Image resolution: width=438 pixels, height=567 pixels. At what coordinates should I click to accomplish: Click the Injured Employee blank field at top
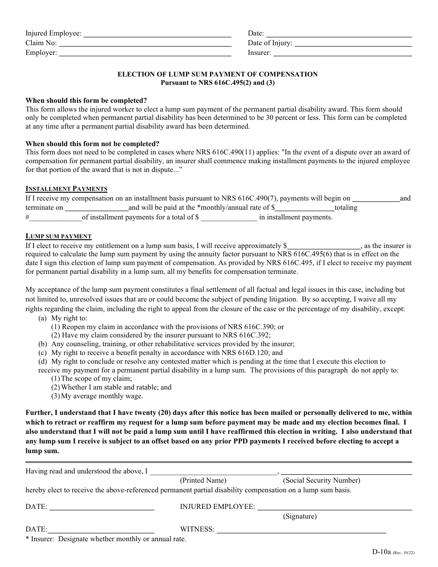[x=157, y=34]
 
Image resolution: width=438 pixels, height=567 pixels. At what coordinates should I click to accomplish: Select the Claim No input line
[x=145, y=43]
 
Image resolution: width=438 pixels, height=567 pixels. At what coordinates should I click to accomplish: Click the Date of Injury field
[x=353, y=43]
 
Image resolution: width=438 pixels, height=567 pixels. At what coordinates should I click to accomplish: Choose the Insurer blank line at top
[x=342, y=53]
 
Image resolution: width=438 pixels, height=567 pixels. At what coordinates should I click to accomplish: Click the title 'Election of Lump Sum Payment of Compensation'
[x=218, y=74]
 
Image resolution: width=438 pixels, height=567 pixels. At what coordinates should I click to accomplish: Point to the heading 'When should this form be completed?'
[x=86, y=100]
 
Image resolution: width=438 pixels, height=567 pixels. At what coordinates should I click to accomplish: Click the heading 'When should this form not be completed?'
[x=92, y=144]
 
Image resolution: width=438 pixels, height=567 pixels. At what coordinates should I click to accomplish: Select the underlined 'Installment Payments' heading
[x=66, y=189]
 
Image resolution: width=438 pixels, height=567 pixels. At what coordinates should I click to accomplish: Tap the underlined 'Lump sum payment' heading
[x=59, y=236]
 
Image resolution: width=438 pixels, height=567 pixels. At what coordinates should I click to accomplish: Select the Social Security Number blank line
[x=346, y=472]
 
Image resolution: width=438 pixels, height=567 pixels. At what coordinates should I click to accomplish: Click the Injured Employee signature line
[x=334, y=507]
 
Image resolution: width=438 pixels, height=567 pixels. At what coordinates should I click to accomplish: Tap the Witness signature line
[x=314, y=530]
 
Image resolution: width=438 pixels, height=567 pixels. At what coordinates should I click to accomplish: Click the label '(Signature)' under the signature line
[x=300, y=516]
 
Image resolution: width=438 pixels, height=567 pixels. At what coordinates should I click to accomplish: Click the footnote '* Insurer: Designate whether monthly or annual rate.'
[x=106, y=539]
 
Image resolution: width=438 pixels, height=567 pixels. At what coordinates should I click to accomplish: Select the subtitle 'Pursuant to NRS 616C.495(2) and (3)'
[x=218, y=83]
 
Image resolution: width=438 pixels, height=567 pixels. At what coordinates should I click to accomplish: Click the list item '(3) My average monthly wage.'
[x=97, y=396]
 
